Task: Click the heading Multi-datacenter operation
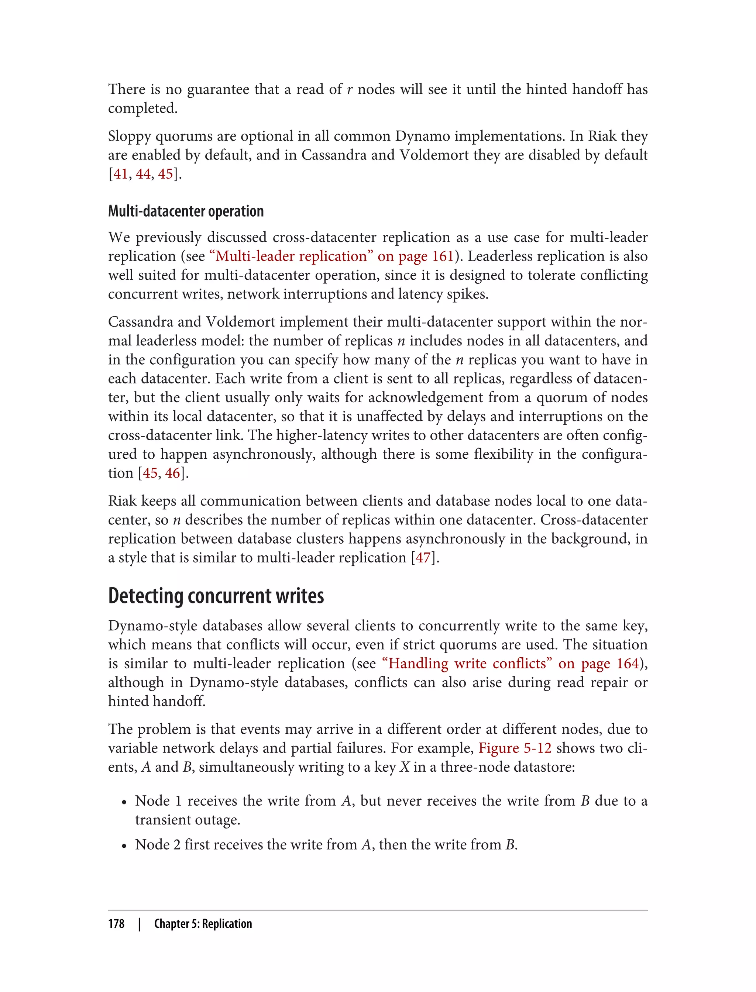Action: point(185,211)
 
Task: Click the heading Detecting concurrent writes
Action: point(216,596)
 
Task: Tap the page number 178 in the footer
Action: point(116,924)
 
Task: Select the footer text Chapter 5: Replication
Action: point(203,924)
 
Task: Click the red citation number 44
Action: point(143,174)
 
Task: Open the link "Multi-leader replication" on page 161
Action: point(331,256)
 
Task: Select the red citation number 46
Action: point(172,473)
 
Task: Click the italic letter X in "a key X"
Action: point(404,767)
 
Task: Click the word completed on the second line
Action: point(142,108)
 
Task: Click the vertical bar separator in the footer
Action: point(139,924)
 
